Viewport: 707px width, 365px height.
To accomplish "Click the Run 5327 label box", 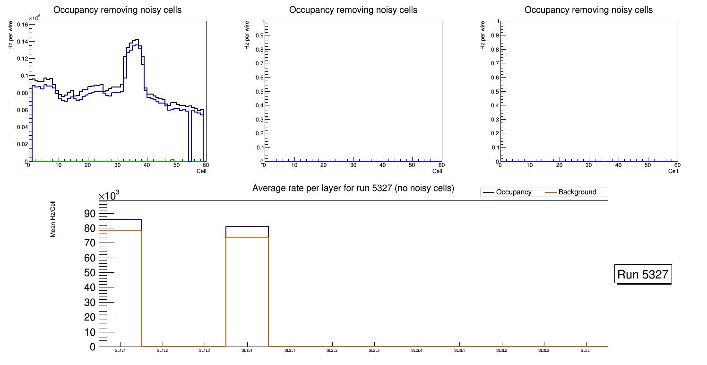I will click(x=643, y=274).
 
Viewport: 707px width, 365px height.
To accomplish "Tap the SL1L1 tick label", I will click(x=121, y=351).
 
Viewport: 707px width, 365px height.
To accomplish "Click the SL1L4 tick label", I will click(x=247, y=351).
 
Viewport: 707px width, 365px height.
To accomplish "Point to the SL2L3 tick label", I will click(x=374, y=351).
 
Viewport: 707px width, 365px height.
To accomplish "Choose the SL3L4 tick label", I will click(x=586, y=351).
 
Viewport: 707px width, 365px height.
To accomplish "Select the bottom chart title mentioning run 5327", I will click(x=353, y=188).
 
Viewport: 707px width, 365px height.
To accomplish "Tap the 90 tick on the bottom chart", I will click(x=89, y=214).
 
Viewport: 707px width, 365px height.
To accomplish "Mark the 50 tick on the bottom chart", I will click(x=89, y=273).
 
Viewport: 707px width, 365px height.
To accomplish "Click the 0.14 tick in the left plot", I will click(x=22, y=42).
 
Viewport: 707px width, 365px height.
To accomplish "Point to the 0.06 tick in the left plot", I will click(x=22, y=110).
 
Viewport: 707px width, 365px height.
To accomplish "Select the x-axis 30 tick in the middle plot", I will click(x=353, y=165).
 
